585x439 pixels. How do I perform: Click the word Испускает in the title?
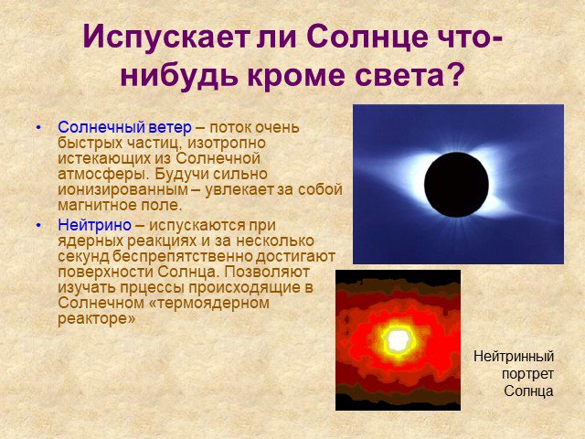pyautogui.click(x=166, y=37)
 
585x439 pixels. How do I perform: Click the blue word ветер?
pyautogui.click(x=170, y=127)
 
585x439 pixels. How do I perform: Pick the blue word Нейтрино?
pyautogui.click(x=94, y=225)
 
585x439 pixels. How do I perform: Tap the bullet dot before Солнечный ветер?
pyautogui.click(x=38, y=128)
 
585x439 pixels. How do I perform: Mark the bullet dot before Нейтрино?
pyautogui.click(x=38, y=226)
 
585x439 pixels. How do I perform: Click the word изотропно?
pyautogui.click(x=227, y=143)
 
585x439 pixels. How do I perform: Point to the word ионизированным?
pyautogui.click(x=122, y=189)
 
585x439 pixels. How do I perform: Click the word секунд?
pyautogui.click(x=83, y=256)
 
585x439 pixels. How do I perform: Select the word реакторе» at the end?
pyautogui.click(x=96, y=319)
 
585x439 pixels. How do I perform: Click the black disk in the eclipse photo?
pyautogui.click(x=456, y=185)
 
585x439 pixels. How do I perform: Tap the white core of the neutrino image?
pyautogui.click(x=398, y=340)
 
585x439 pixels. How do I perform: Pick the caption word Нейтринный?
pyautogui.click(x=514, y=357)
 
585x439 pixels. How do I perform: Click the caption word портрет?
pyautogui.click(x=527, y=374)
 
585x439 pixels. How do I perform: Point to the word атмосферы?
pyautogui.click(x=103, y=175)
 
